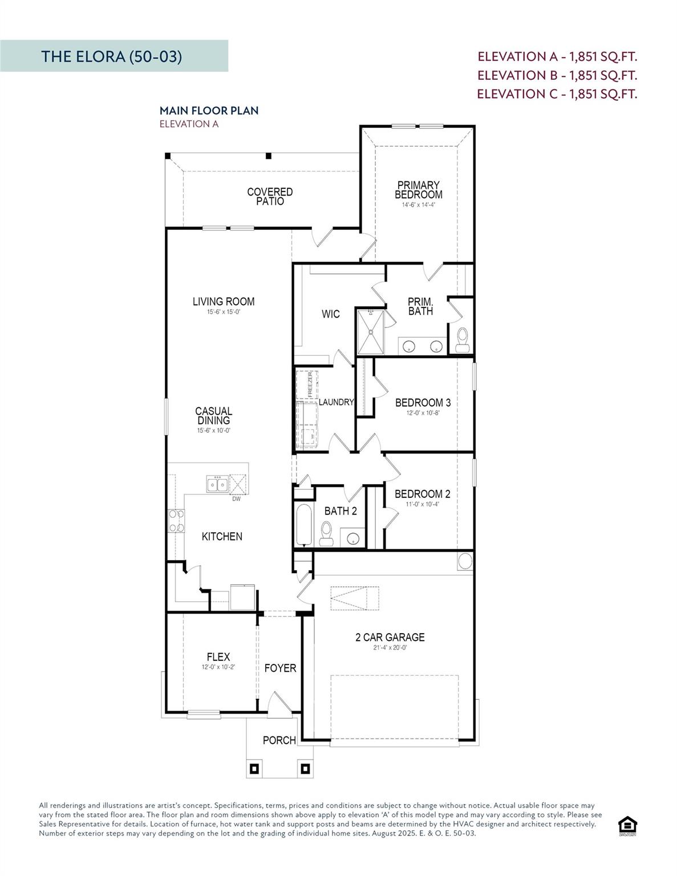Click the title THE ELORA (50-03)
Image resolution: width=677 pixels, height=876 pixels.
pos(112,56)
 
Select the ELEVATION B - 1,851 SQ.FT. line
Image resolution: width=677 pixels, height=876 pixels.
pos(557,75)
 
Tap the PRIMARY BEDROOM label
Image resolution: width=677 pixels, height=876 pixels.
pos(418,190)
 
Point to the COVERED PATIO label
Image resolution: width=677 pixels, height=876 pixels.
pos(270,196)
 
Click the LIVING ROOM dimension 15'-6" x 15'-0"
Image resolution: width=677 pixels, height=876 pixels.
pos(224,312)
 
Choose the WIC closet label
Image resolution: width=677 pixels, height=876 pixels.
pos(331,314)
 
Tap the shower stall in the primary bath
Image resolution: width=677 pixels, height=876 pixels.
pos(370,331)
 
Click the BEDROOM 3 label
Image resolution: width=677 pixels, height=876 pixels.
pos(423,403)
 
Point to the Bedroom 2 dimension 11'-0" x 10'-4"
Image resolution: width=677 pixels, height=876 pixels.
pos(422,504)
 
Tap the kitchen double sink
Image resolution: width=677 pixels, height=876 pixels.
pos(217,484)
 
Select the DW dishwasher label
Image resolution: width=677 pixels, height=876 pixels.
pos(236,499)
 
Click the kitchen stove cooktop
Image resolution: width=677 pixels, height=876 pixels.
pos(176,521)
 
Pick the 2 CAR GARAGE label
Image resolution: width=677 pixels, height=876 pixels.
pos(390,637)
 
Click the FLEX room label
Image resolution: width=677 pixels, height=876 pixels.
pos(218,657)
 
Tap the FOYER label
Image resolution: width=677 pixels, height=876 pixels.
pos(280,668)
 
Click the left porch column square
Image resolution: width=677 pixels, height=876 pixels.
pos(254,769)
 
